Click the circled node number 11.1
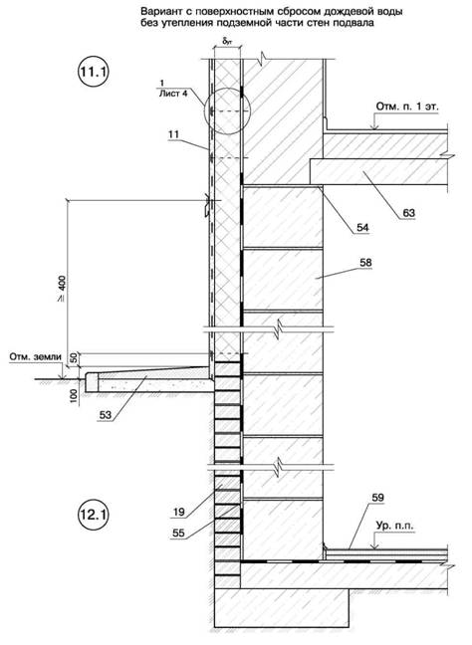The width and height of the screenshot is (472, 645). [x=94, y=72]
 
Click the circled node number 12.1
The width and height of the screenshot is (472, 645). [x=93, y=515]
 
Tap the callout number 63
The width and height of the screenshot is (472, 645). [x=408, y=213]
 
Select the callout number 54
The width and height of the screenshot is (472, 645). [x=362, y=227]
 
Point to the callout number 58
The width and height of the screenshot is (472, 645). [x=365, y=263]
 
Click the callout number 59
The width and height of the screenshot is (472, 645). [x=377, y=498]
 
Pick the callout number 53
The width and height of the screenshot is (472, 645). [x=106, y=415]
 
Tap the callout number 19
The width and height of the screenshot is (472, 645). [x=179, y=513]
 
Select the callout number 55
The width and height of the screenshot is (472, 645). [x=179, y=534]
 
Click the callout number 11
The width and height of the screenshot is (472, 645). [x=174, y=133]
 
